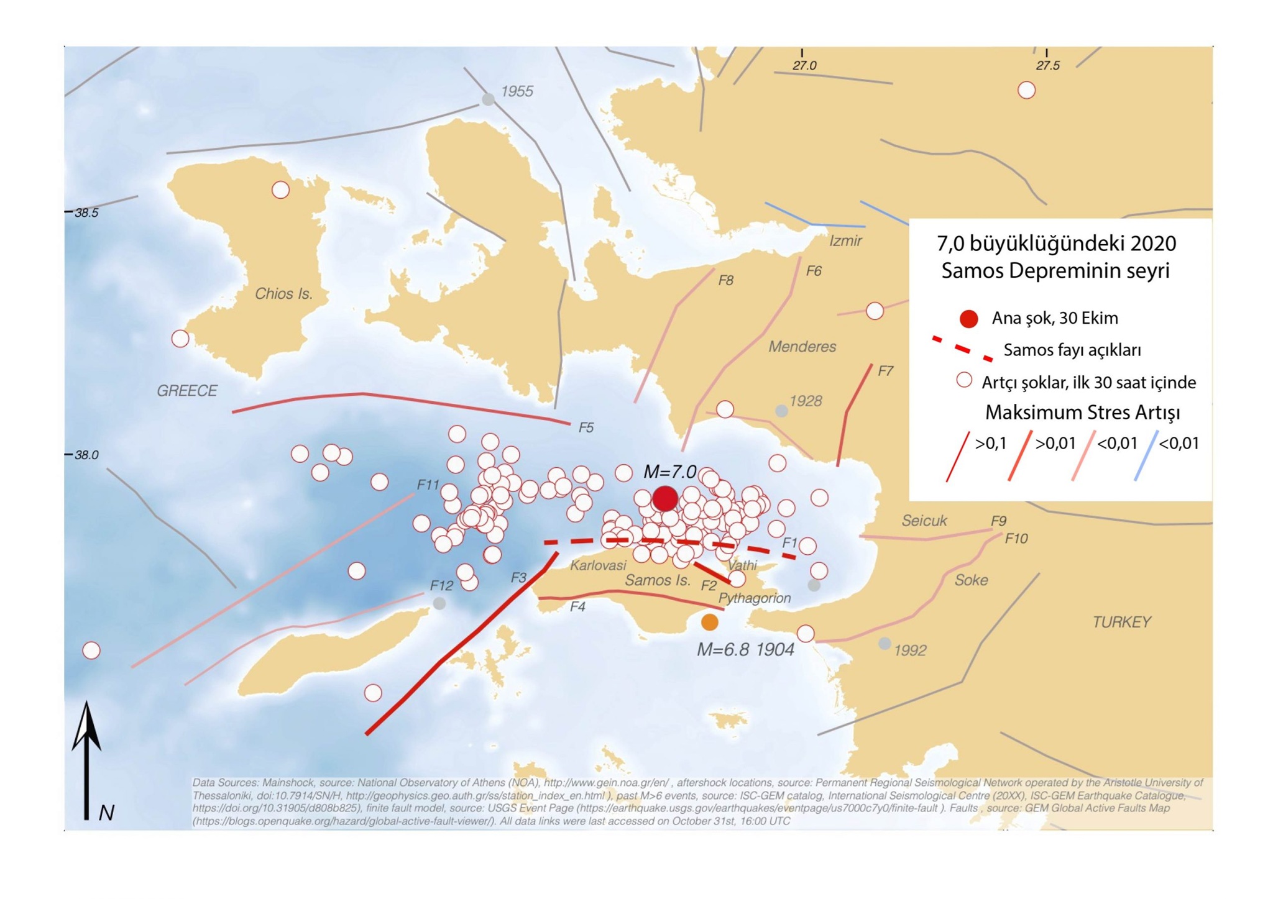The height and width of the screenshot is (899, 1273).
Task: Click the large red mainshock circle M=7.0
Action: point(664,498)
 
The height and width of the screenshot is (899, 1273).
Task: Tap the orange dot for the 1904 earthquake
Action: point(709,621)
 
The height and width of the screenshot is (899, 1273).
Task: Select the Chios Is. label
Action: point(283,294)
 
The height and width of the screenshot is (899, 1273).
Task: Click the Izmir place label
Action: point(845,241)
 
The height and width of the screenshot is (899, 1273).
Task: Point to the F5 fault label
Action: point(586,427)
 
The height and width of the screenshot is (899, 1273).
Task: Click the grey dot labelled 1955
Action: point(489,99)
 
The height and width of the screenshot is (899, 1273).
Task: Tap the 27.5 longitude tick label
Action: point(1047,66)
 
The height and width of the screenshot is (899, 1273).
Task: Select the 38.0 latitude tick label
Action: point(86,455)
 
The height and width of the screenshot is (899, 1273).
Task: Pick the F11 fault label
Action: point(428,485)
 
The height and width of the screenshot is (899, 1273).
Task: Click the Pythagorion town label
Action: point(754,598)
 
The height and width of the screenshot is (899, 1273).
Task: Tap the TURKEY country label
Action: point(1121,622)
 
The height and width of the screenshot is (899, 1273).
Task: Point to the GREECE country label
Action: point(186,391)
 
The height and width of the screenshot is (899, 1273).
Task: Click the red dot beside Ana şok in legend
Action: point(968,319)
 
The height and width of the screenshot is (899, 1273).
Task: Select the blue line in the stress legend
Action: point(1146,457)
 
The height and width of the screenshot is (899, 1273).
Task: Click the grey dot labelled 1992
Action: point(884,644)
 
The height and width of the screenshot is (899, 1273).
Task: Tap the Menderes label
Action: point(802,347)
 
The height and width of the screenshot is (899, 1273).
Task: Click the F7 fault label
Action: point(885,372)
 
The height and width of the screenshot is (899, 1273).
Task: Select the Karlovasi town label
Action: point(598,565)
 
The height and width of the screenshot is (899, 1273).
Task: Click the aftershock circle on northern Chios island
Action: point(280,189)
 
